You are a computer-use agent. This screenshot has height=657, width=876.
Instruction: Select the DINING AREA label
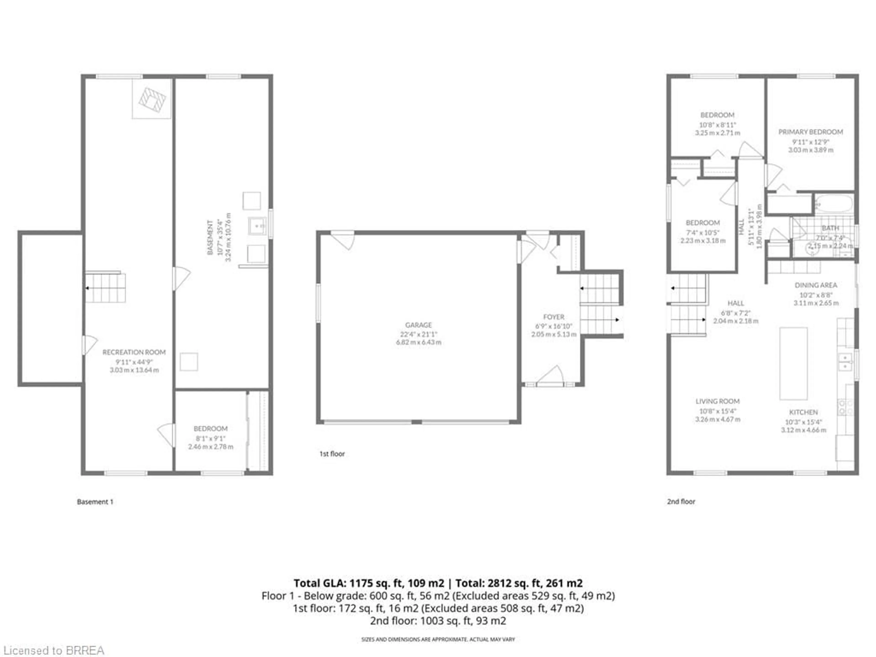click(816, 285)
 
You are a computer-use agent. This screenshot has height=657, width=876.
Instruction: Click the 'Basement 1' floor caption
click(95, 502)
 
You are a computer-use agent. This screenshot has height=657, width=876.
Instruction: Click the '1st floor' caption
click(332, 454)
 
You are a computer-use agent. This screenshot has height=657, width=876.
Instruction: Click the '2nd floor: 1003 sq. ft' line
click(438, 620)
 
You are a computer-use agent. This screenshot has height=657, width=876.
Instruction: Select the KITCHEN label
click(803, 412)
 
